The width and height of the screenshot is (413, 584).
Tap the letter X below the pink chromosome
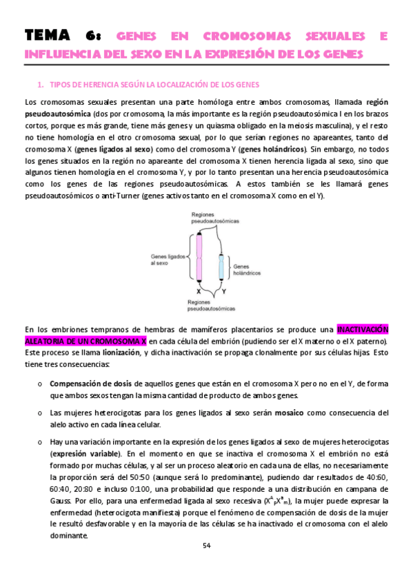[x=199, y=291]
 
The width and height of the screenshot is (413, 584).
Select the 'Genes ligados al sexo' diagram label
[x=165, y=259]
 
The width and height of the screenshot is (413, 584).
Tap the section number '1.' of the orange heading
[x=41, y=85]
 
